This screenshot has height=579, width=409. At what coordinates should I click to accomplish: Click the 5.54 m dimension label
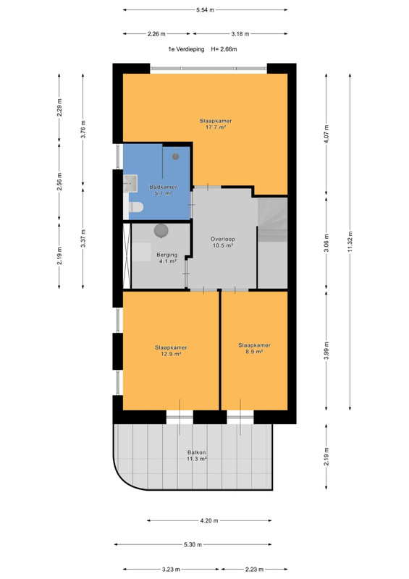coord(205,10)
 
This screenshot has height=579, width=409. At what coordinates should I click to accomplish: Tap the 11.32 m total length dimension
coord(350,242)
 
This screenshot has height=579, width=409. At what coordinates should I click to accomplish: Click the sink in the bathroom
coord(130,183)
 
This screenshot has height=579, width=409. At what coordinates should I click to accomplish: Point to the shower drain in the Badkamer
coord(175,156)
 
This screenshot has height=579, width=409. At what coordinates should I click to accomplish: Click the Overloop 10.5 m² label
coord(223,242)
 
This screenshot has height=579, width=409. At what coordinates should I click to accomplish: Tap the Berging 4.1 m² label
coord(167,258)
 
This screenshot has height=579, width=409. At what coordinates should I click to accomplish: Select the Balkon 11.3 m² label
coord(197,455)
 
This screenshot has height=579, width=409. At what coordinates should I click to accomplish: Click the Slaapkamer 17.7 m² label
coord(216,124)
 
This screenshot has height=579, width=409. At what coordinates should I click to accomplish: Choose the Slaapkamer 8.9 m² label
coord(254,349)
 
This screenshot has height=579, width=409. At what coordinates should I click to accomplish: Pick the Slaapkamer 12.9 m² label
coord(171,351)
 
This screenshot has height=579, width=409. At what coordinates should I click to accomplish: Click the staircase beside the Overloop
coord(272,220)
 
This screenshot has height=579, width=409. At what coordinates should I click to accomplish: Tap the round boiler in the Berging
coord(161,231)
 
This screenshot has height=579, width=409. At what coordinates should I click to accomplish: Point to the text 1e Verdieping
coord(186,49)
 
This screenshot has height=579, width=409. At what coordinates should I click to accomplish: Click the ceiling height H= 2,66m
coord(224,49)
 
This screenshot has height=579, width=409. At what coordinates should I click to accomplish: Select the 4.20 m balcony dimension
coord(209,520)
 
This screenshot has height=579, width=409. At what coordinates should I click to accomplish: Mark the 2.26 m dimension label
coord(156,34)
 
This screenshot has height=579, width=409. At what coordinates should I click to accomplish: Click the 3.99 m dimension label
coord(326,351)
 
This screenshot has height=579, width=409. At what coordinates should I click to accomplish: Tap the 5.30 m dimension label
coord(193,545)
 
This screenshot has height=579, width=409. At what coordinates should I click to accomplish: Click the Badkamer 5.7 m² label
coord(163,190)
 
